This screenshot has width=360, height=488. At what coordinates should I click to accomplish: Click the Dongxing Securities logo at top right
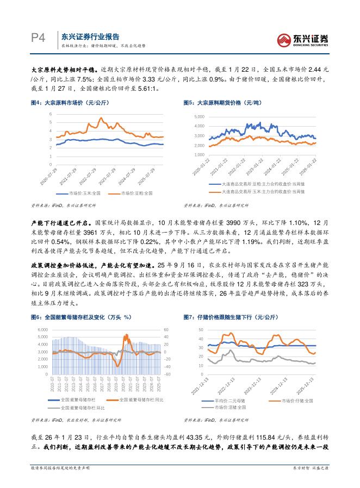303,39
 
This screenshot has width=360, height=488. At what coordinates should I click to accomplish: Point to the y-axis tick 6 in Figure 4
51,114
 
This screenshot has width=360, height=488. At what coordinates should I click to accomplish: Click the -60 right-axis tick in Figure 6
166,374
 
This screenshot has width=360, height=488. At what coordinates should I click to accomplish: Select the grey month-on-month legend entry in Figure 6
79,407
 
